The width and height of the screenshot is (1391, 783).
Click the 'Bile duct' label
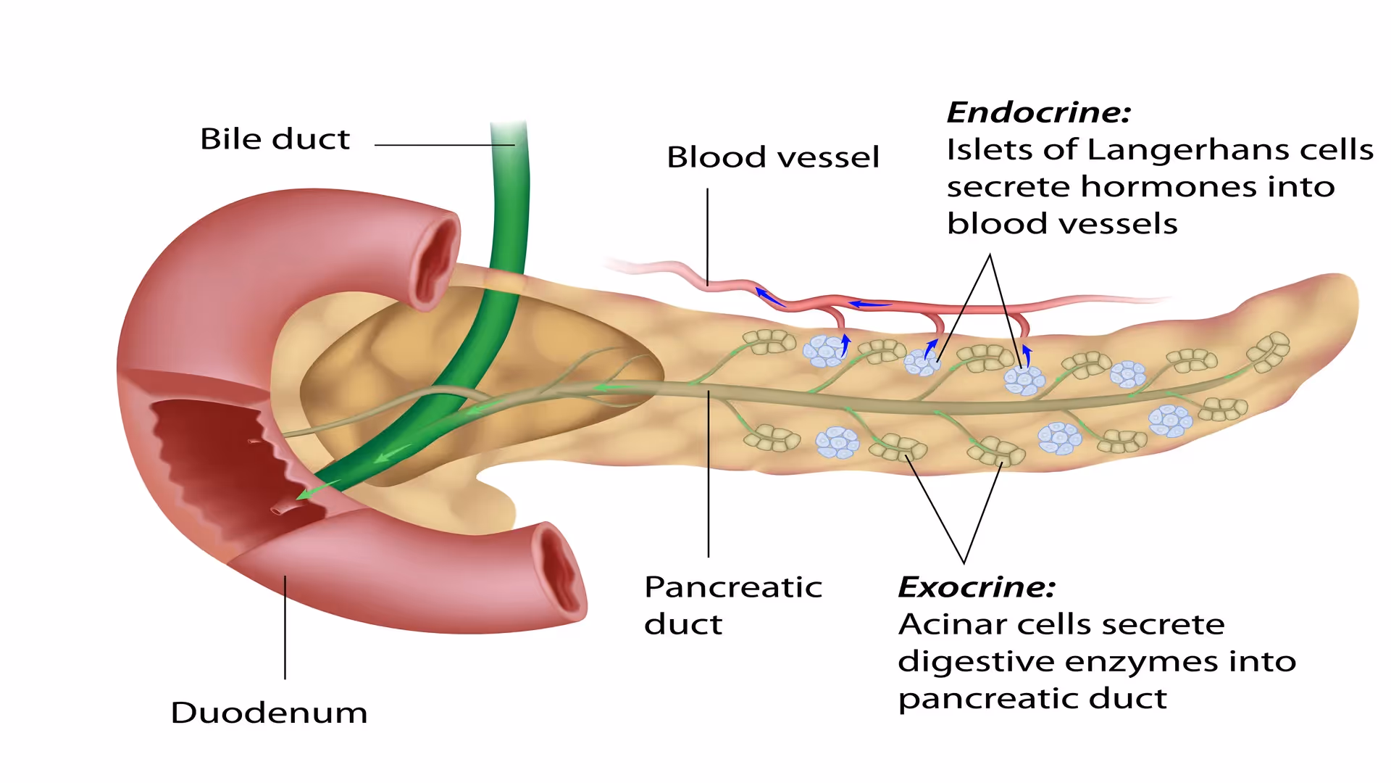[275, 138]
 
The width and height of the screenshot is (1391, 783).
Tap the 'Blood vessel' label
[772, 157]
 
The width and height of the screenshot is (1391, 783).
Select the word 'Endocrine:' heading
[1038, 112]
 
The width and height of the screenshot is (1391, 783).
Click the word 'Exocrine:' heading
[976, 587]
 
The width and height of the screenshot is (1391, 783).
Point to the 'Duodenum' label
[269, 713]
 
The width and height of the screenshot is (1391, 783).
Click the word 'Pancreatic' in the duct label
[733, 587]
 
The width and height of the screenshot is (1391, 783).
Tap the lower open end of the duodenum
[560, 569]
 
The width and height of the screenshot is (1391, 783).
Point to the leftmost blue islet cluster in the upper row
[824, 351]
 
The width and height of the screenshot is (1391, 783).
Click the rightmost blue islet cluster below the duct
[1169, 420]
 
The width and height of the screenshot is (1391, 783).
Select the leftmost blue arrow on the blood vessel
[769, 297]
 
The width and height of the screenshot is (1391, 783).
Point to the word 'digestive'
[975, 662]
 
